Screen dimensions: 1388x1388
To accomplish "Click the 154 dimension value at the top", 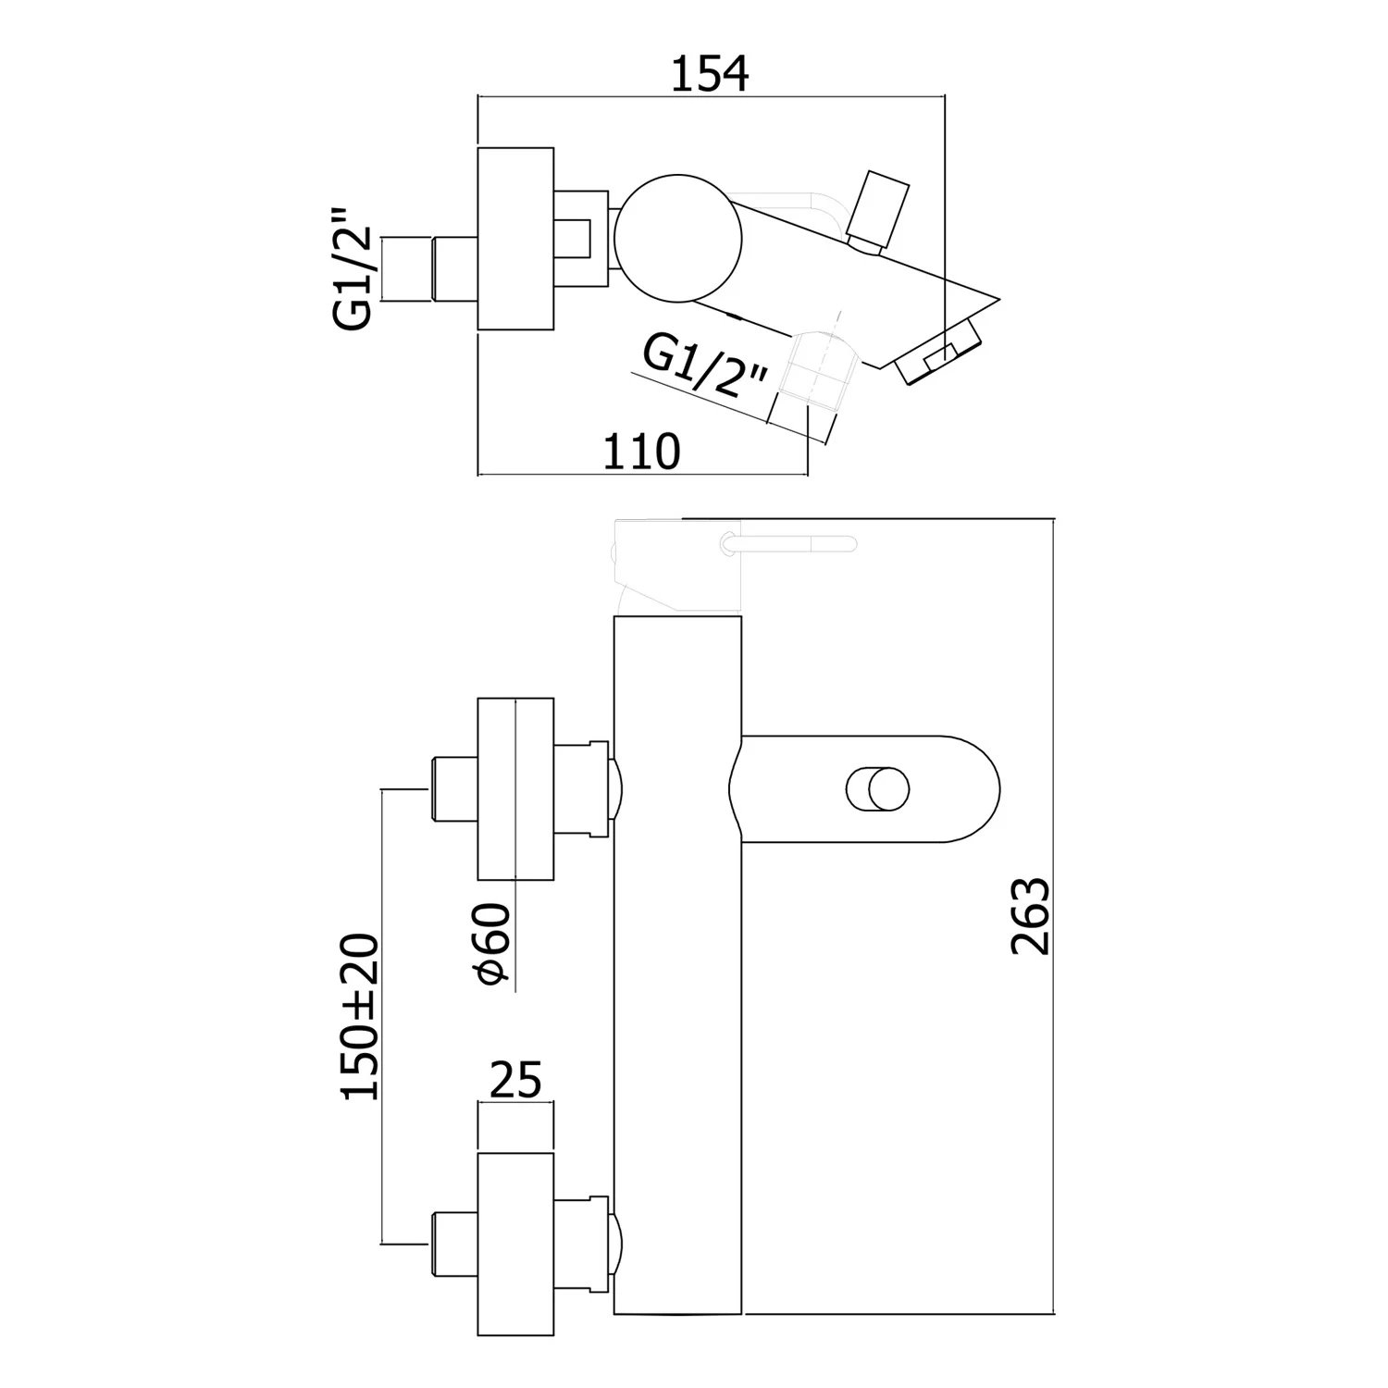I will click(x=709, y=74).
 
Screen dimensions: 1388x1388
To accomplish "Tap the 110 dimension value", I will click(x=641, y=452).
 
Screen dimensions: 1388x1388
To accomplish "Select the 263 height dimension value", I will click(x=1031, y=915).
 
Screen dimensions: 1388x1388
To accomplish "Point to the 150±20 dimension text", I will click(x=360, y=1016).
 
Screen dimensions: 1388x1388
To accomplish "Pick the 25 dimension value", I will click(x=515, y=1079).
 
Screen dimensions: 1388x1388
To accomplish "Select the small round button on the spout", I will click(x=878, y=789).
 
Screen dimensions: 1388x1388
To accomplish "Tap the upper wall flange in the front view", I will click(x=515, y=788).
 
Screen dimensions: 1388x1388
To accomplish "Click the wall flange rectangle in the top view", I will click(x=515, y=238).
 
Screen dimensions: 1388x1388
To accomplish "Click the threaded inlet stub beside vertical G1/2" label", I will click(x=431, y=268).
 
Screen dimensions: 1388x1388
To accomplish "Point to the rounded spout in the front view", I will click(x=870, y=789).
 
